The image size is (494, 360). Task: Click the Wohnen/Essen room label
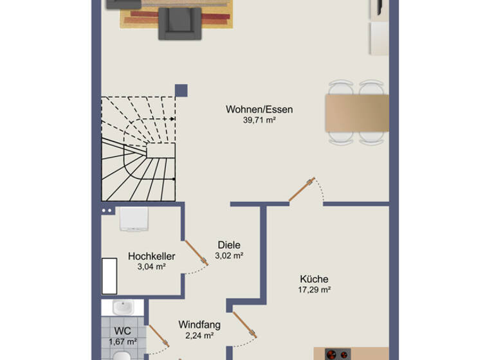(x=259, y=109)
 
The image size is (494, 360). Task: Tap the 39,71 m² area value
(x=259, y=120)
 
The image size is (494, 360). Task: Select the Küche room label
(x=314, y=279)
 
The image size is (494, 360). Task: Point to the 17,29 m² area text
(x=314, y=290)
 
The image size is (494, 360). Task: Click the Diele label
(x=229, y=245)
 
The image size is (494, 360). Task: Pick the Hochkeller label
(x=151, y=256)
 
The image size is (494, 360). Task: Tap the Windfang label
(x=199, y=325)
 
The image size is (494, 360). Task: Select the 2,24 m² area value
(x=199, y=335)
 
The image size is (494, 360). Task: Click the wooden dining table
(x=357, y=113)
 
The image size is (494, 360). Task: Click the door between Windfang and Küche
(x=245, y=325)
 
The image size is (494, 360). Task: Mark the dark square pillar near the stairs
(x=181, y=90)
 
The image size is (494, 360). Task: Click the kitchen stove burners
(x=337, y=354)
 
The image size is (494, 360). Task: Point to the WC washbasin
(x=122, y=307)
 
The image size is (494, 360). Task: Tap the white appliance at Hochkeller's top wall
(x=134, y=219)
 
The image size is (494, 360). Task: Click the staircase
(x=138, y=148)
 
